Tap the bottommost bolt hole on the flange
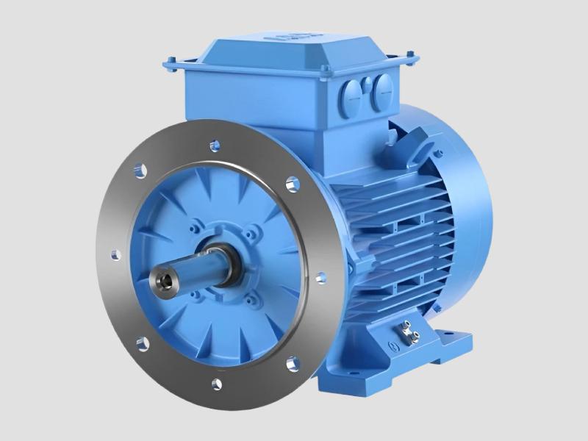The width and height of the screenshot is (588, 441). click(217, 382)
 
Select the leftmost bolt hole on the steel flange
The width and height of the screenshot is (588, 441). click(115, 254)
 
